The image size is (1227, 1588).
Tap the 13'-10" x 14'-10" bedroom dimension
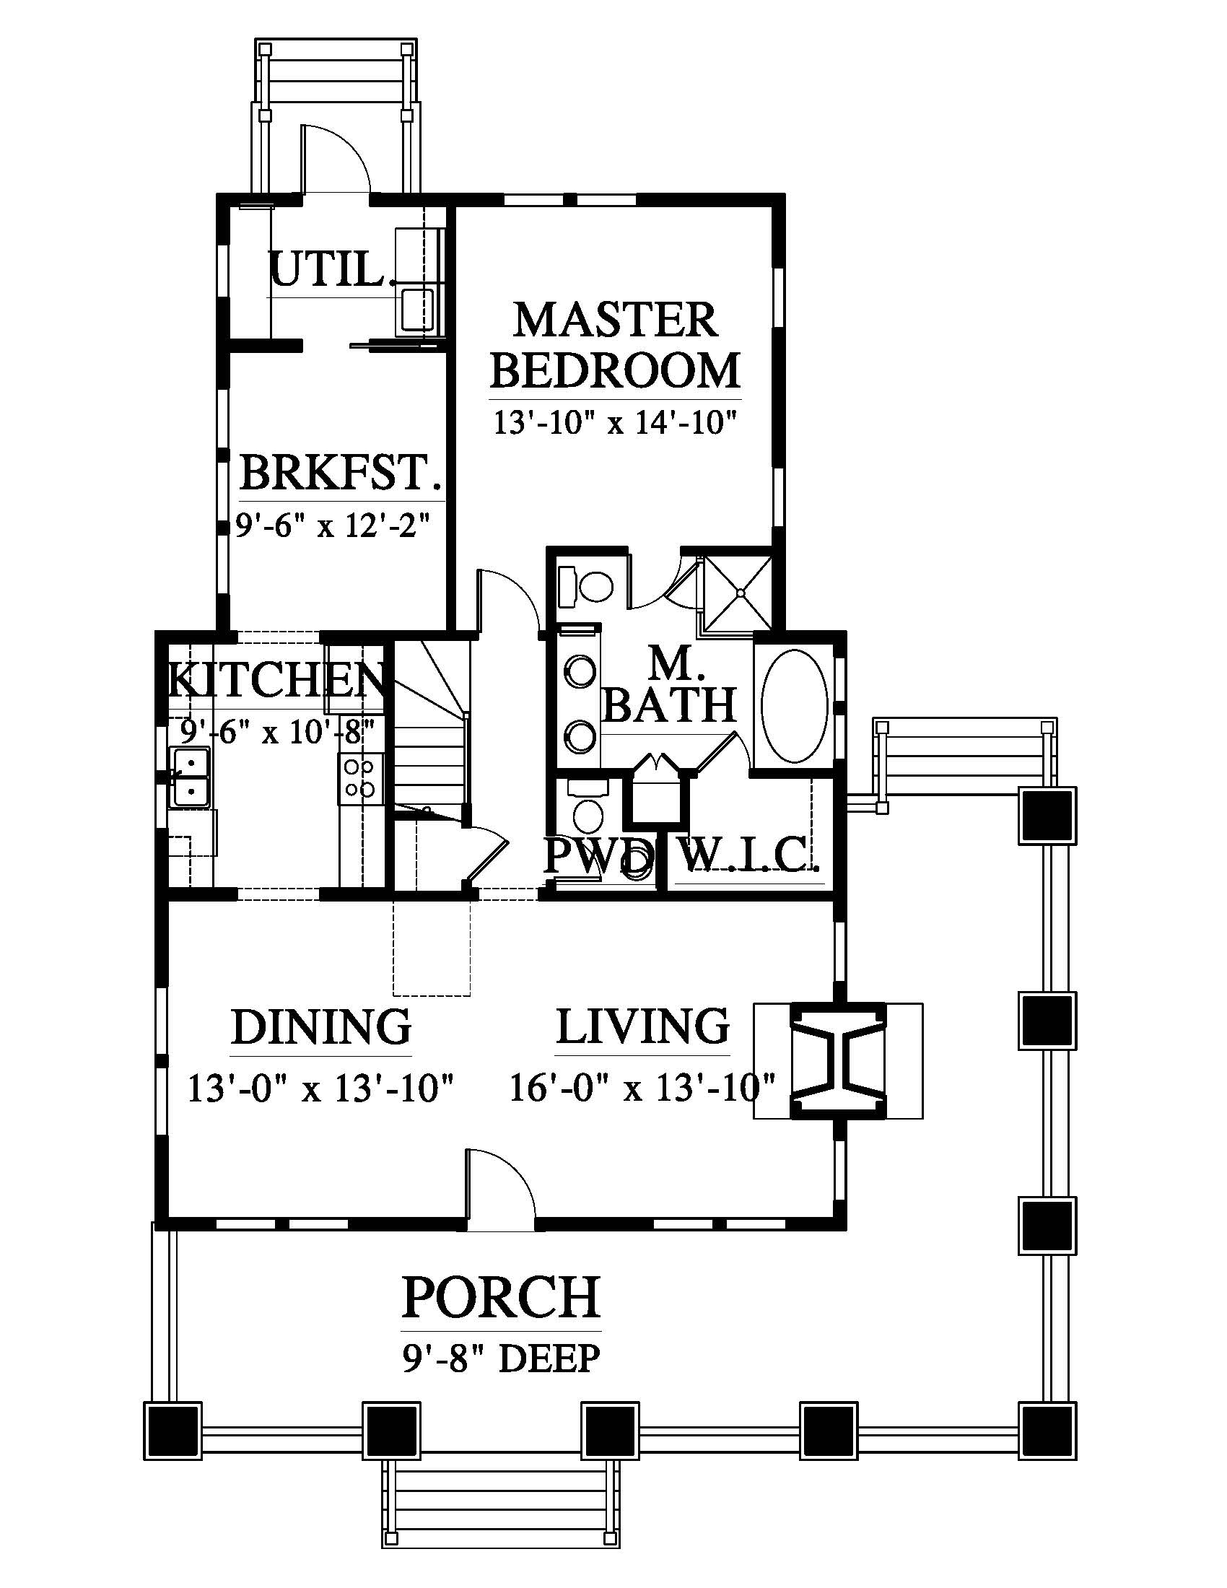[616, 422]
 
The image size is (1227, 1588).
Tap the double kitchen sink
[190, 777]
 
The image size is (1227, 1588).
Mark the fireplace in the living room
[838, 1062]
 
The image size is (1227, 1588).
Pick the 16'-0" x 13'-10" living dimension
[642, 1089]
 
